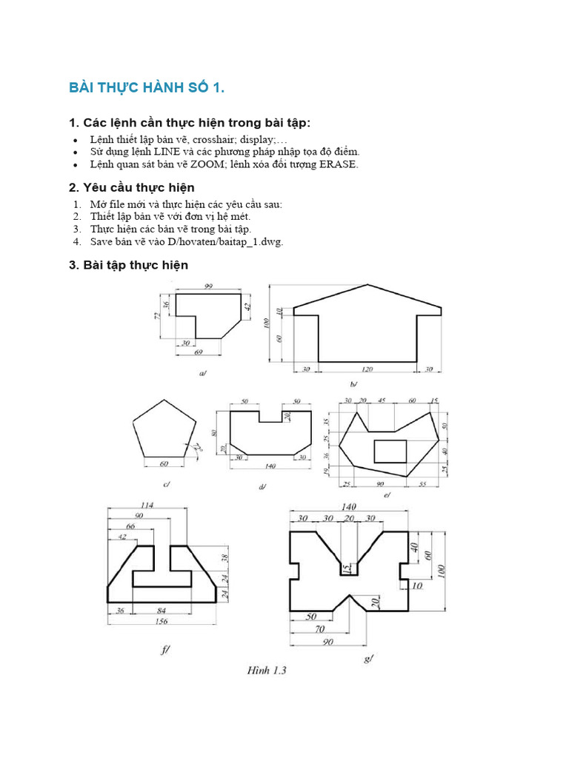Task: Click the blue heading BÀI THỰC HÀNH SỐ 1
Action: [146, 89]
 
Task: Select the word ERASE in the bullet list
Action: [339, 164]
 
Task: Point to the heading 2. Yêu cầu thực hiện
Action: [132, 187]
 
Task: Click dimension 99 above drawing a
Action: [207, 286]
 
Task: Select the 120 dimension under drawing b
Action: [367, 369]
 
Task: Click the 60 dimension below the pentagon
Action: [164, 463]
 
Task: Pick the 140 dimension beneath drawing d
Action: [270, 467]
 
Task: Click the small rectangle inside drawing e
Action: [390, 450]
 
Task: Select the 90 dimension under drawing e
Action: [380, 483]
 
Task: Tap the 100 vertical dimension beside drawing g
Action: [442, 571]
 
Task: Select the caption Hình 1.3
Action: [267, 671]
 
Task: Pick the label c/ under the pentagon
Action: [167, 485]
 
